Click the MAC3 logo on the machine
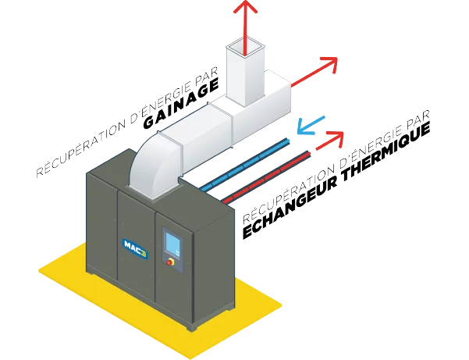pos(131,244)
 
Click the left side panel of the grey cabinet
pos(101,226)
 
